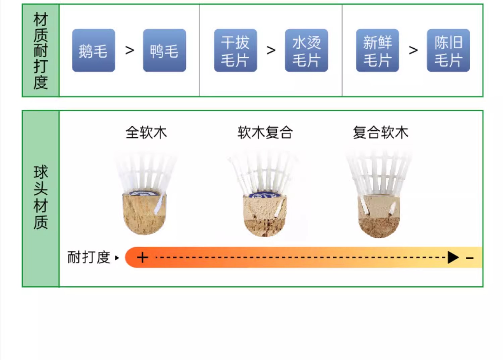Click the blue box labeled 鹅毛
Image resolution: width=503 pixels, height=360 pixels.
point(94,50)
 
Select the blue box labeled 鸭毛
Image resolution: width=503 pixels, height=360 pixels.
point(165,50)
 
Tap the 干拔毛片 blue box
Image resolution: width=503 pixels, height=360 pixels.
point(235,50)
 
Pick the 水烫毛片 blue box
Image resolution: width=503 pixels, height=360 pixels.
point(306,50)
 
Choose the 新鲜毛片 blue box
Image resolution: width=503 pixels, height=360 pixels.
point(378,50)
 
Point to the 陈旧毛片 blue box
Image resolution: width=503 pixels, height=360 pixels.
point(448,50)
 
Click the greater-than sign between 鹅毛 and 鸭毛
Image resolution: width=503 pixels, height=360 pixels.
point(129,50)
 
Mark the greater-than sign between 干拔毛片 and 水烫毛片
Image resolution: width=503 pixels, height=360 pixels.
point(271,50)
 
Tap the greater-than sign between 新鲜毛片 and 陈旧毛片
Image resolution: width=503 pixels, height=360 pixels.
point(413,50)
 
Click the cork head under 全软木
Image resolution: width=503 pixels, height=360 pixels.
point(145,214)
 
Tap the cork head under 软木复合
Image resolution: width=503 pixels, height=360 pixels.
point(265,216)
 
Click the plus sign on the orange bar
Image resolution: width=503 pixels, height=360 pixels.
point(143,257)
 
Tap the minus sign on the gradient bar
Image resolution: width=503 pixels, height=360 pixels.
point(470,258)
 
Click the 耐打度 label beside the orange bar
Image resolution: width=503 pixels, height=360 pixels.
point(89,257)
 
